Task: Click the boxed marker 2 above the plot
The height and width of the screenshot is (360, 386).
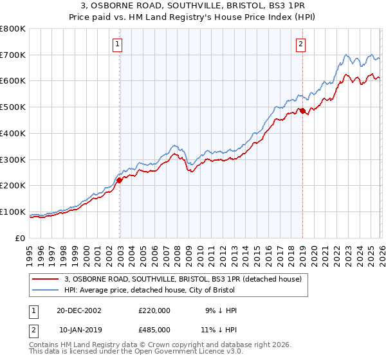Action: (300, 44)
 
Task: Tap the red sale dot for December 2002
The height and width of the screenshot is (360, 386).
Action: (120, 180)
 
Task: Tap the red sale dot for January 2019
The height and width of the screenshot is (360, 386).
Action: (302, 111)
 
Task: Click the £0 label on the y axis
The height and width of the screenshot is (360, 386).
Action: (20, 238)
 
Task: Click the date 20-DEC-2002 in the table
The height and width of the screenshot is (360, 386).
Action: (78, 310)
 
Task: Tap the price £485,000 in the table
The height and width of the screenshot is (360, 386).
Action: (154, 330)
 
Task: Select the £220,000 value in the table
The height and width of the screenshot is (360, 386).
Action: (154, 310)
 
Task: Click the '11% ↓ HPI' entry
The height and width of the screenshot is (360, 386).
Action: (218, 330)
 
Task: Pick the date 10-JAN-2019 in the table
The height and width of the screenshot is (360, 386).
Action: (78, 330)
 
